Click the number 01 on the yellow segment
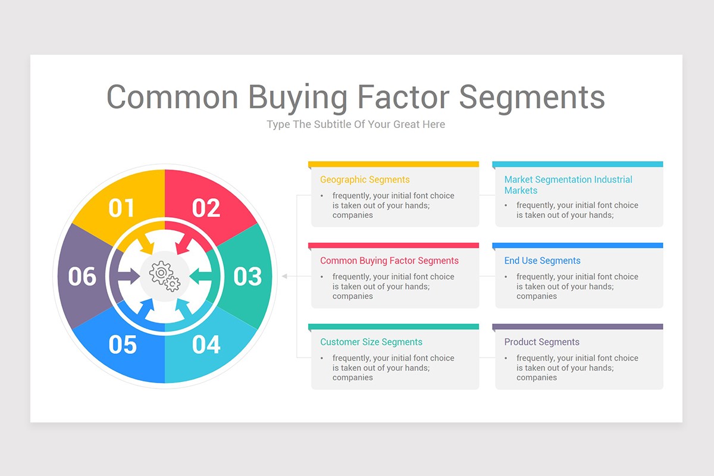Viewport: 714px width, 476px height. click(x=121, y=208)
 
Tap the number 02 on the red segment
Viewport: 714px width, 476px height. click(x=206, y=208)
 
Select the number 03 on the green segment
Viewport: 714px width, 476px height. click(x=248, y=277)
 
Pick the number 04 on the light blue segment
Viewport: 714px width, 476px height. click(x=206, y=345)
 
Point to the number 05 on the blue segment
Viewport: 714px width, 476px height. click(x=123, y=345)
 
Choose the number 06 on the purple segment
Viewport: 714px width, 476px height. click(x=82, y=277)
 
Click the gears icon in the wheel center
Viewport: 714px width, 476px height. click(x=165, y=276)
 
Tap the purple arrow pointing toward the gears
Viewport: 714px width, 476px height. click(x=128, y=275)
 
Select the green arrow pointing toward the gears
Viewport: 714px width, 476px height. click(x=201, y=275)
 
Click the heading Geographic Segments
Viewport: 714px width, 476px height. click(x=365, y=180)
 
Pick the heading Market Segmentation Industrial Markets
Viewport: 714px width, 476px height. click(x=568, y=185)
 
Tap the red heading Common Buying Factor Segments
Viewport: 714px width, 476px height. click(x=389, y=261)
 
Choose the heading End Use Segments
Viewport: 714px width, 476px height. click(x=542, y=261)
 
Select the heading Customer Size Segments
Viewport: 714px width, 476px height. click(x=371, y=342)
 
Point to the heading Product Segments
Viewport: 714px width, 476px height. click(x=541, y=342)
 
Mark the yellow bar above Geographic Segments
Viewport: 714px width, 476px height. click(x=393, y=164)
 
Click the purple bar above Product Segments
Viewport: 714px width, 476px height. click(x=577, y=327)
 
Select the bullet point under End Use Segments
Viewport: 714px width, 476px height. click(x=506, y=277)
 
